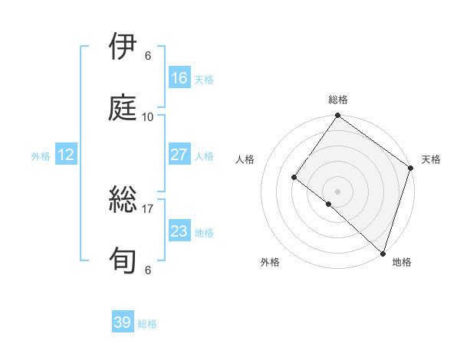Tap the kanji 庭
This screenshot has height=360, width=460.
point(124,108)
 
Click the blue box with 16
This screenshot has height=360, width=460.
point(179,78)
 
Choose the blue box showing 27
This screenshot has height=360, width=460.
point(179,155)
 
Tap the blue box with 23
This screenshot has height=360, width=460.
point(179,231)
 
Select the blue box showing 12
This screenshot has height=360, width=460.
point(65,155)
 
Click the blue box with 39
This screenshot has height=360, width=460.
point(123,322)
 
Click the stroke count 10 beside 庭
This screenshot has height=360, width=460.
point(148,116)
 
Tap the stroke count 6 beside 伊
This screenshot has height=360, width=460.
point(148,55)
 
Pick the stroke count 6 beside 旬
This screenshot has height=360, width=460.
point(148,270)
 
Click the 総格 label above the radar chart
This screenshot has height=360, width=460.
point(338,100)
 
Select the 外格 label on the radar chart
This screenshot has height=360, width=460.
point(270,262)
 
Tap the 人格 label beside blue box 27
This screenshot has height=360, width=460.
point(204,155)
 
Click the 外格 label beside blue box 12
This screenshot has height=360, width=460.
point(41,155)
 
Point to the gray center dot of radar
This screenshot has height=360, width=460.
point(338,191)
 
